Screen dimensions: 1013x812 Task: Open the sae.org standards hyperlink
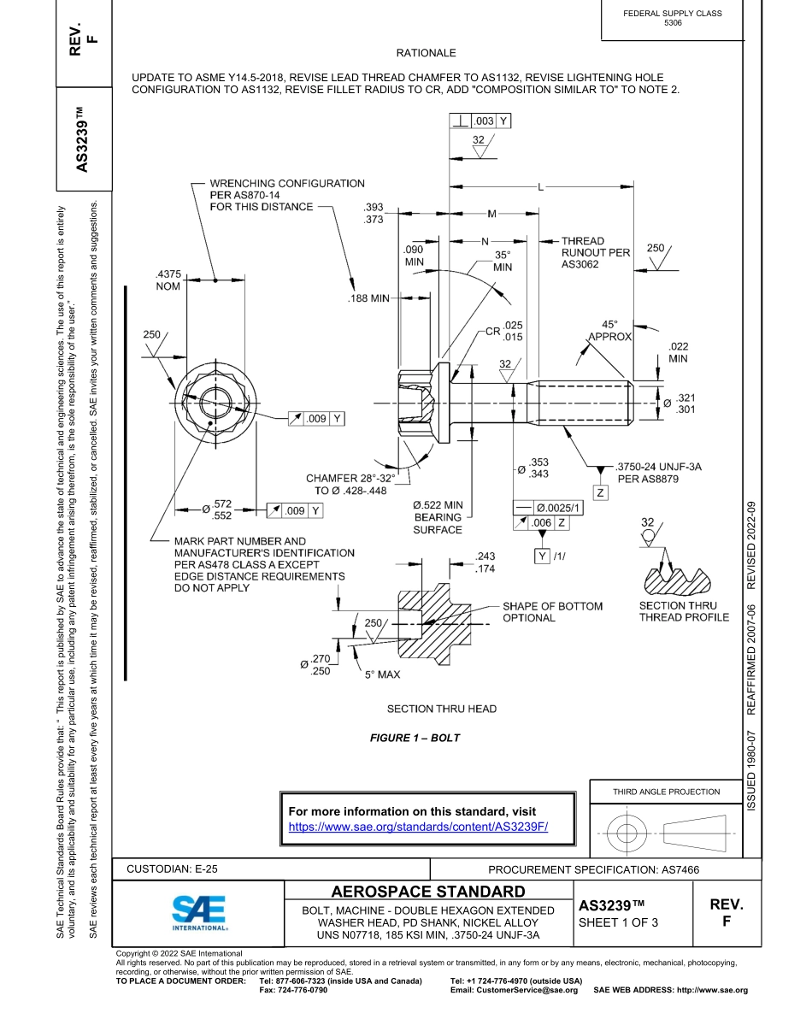[x=417, y=827]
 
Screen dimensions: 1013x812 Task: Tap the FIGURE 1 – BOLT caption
[x=415, y=738]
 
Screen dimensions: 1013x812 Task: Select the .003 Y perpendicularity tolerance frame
[x=480, y=121]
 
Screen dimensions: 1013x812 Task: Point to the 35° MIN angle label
[x=503, y=261]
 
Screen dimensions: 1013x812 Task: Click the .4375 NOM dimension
[x=168, y=280]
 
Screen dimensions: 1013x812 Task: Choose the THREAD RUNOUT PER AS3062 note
[x=595, y=253]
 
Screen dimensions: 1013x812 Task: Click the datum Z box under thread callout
[x=601, y=493]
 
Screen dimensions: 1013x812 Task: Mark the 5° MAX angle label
[x=382, y=674]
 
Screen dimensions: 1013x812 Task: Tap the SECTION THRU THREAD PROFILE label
[x=684, y=611]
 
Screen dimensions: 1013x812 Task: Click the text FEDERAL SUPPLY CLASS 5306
[x=673, y=18]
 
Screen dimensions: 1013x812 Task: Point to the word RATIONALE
[x=426, y=53]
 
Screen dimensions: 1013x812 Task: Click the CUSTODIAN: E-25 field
[x=172, y=869]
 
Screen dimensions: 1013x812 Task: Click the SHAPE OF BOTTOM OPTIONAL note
[x=552, y=612]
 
